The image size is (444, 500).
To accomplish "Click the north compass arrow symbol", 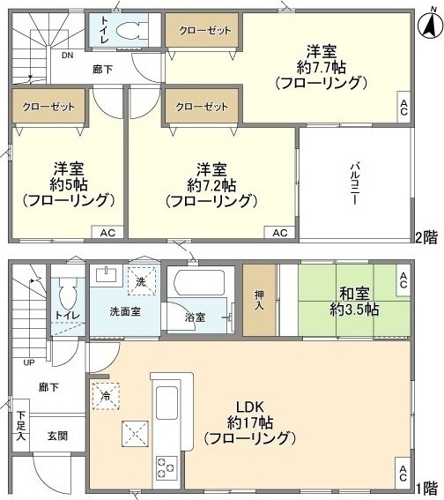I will tap(429, 27).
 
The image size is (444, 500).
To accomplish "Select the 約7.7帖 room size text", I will tap(319, 68).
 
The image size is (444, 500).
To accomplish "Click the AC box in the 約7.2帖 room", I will tap(279, 233).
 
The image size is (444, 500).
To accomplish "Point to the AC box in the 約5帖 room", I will tap(107, 233).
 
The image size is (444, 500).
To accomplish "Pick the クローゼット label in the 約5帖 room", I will tap(41, 106).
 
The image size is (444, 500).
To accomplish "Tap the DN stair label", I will tap(68, 54).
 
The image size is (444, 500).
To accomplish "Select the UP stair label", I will tap(30, 362).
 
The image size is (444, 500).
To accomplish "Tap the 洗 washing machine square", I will tap(142, 281).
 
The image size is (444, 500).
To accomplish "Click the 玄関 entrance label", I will tap(57, 435).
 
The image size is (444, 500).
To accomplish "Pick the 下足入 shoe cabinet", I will tap(20, 425).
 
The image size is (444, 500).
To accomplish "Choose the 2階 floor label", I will tap(426, 236).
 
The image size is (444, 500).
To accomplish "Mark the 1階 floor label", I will tap(426, 487).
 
